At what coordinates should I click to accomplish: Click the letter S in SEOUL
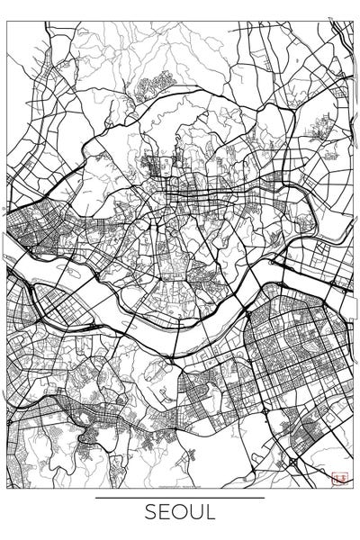pos(149,513)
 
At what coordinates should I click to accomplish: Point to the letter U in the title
pos(197,513)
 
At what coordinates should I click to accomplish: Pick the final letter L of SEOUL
pos(211,513)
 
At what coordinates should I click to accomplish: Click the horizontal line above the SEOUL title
pos(180,498)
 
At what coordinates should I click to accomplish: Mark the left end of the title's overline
pos(96,498)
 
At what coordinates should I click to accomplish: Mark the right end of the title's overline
pos(265,498)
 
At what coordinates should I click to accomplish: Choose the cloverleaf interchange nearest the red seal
pos(292,461)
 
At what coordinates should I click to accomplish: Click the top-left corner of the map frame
pos(8,22)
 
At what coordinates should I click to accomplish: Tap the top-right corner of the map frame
pos(352,22)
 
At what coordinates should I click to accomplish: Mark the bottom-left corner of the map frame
pos(8,488)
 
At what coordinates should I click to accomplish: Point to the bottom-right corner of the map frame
pos(352,488)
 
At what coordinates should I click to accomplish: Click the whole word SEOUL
pos(180,513)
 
